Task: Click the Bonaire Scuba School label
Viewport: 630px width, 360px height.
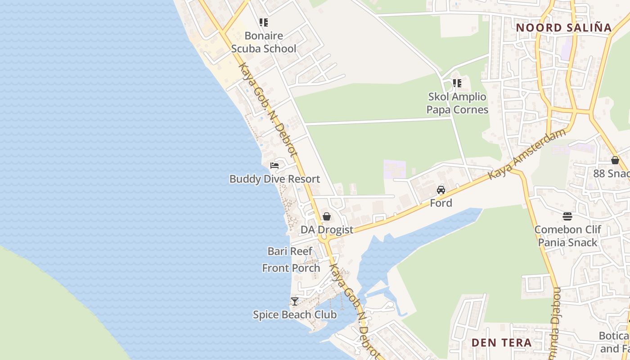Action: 264,42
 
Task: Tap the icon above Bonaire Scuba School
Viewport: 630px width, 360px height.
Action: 264,22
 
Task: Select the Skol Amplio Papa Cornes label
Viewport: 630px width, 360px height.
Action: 457,103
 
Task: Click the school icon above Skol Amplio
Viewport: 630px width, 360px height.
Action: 457,83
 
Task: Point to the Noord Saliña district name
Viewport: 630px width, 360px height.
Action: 564,27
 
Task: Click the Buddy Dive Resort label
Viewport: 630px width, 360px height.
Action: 274,179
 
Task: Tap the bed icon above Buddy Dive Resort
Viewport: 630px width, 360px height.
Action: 274,166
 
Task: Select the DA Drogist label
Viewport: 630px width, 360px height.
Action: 327,230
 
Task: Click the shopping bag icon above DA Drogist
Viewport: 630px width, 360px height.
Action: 327,217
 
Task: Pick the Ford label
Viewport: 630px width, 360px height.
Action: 441,203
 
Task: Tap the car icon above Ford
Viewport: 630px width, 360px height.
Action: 441,190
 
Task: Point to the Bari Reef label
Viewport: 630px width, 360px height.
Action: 290,251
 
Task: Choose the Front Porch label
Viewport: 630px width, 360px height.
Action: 291,268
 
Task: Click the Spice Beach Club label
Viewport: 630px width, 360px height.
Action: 295,315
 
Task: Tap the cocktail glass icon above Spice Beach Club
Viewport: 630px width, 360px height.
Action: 295,301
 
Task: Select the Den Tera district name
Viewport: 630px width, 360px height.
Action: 502,342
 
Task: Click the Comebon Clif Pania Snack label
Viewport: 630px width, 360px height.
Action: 567,236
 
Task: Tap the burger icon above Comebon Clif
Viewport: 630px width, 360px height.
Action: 567,216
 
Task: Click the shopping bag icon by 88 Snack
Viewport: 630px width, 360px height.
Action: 615,160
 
